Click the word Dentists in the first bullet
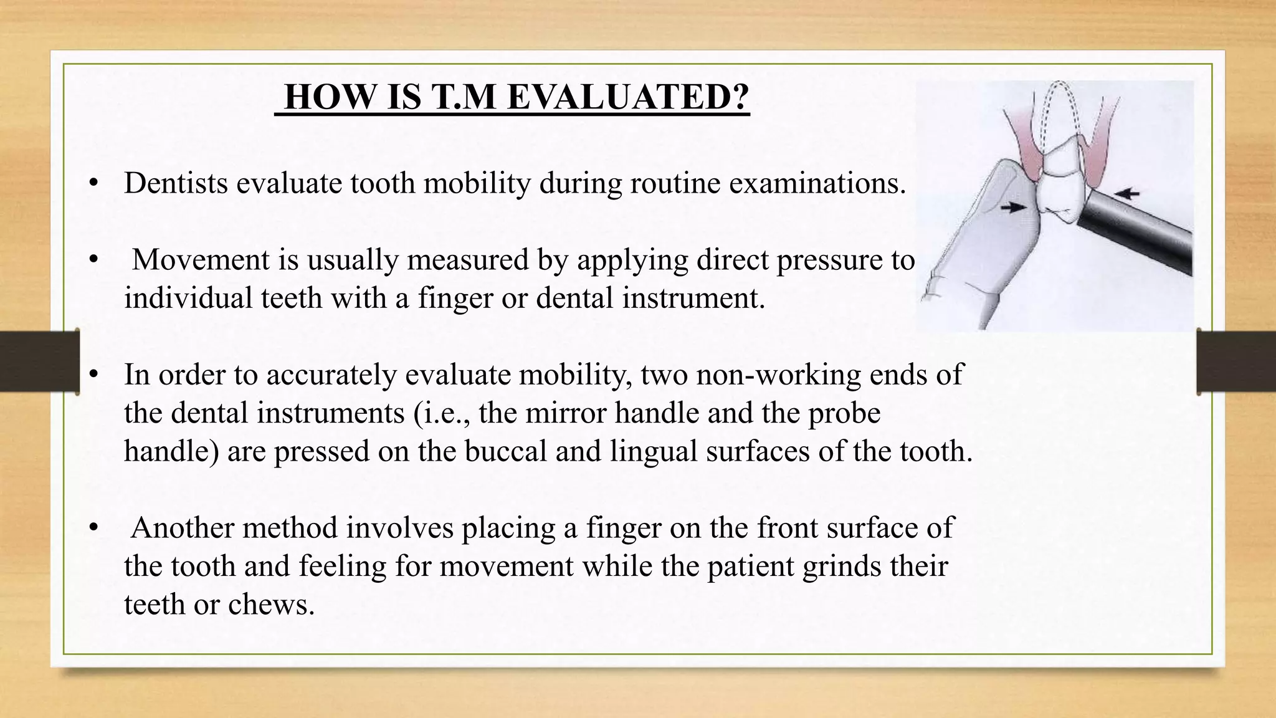pyautogui.click(x=176, y=183)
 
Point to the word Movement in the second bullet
pyautogui.click(x=200, y=260)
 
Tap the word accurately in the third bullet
pyautogui.click(x=331, y=375)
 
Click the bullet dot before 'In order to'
pyautogui.click(x=94, y=375)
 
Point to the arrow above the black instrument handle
pyautogui.click(x=1126, y=194)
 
